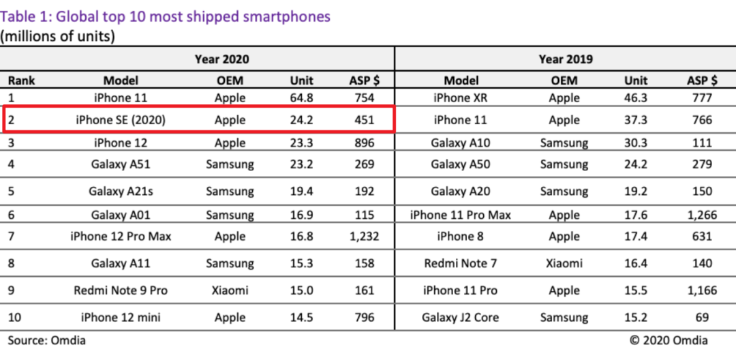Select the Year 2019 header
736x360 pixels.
pos(565,59)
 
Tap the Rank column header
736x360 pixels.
pos(22,80)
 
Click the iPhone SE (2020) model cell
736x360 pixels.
pos(121,120)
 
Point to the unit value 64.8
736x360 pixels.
pos(302,98)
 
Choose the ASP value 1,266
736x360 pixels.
pos(702,215)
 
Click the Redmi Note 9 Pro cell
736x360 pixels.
pos(121,290)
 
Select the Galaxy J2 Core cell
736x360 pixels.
pos(461,318)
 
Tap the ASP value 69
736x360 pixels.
pos(702,318)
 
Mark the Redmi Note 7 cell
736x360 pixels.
pos(461,264)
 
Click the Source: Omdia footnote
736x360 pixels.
pos(47,340)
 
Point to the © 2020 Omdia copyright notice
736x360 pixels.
pos(668,340)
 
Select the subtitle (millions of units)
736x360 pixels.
pos(58,36)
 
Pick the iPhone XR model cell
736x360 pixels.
pos(461,98)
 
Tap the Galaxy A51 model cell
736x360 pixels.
pos(121,164)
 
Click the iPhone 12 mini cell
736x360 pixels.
pos(121,318)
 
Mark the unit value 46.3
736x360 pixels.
pos(636,98)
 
